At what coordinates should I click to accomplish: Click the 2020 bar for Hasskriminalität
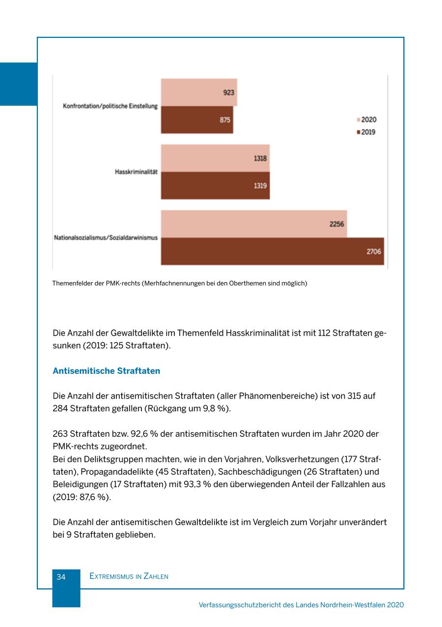coord(215,158)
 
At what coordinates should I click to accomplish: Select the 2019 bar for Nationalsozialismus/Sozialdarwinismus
coord(272,252)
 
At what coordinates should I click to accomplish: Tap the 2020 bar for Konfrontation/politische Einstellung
coord(199,92)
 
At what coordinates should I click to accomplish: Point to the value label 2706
coord(374,252)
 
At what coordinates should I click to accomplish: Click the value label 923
coord(229,92)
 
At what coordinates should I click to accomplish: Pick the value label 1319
coord(260,186)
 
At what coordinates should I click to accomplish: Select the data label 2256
coord(336,224)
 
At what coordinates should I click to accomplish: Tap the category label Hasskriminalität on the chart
coord(136,172)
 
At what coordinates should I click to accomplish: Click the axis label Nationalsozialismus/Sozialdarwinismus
coord(106,238)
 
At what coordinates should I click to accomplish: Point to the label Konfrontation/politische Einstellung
coord(110,106)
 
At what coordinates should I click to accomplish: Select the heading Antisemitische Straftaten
coord(106,371)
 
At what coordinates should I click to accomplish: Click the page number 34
coord(61,577)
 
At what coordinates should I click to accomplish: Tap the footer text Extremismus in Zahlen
coord(129,576)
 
